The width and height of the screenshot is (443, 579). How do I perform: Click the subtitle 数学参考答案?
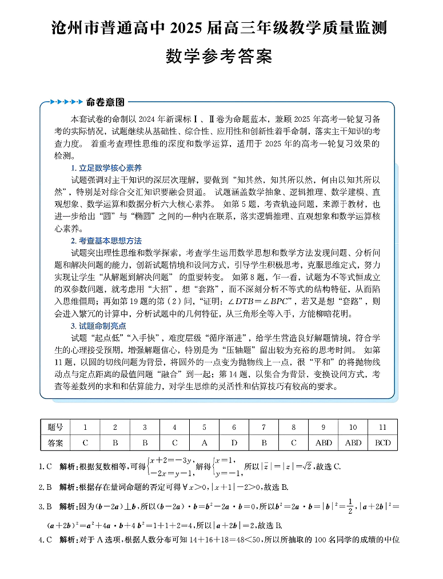pyautogui.click(x=219, y=57)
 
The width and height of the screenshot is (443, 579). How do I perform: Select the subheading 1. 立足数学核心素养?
pyautogui.click(x=106, y=168)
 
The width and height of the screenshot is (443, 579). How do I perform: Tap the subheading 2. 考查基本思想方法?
pyautogui.click(x=106, y=241)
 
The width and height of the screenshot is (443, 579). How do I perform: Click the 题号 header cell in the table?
pyautogui.click(x=55, y=427)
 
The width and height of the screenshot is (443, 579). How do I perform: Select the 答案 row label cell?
pyautogui.click(x=55, y=442)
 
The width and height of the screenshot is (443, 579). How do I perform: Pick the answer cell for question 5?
pyautogui.click(x=204, y=442)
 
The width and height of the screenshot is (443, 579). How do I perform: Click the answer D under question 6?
pyautogui.click(x=234, y=442)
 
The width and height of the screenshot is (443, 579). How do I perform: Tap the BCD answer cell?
pyautogui.click(x=382, y=442)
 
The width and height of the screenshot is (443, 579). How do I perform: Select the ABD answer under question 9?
pyautogui.click(x=323, y=442)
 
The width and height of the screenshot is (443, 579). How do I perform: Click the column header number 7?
pyautogui.click(x=264, y=427)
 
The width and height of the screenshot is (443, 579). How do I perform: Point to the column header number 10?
pyautogui.click(x=353, y=427)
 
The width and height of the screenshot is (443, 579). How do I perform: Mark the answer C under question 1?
pyautogui.click(x=85, y=442)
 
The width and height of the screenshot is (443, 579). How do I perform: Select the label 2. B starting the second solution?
pyautogui.click(x=46, y=487)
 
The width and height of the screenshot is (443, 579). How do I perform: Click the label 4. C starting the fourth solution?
pyautogui.click(x=46, y=540)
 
